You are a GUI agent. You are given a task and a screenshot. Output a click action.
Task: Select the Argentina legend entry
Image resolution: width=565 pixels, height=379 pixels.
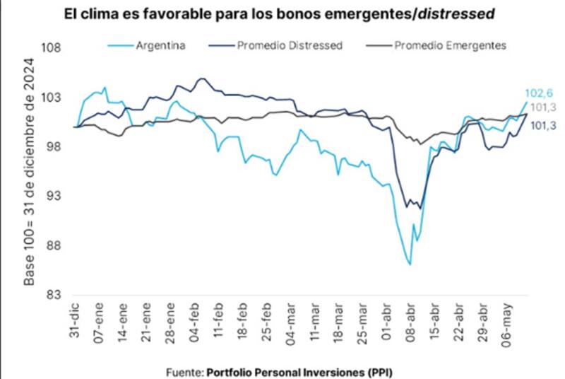click(160, 45)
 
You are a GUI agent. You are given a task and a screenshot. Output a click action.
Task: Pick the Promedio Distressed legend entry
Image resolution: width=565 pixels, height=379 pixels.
click(289, 45)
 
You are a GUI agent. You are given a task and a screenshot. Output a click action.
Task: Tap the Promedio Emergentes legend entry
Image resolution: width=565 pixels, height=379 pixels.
click(450, 45)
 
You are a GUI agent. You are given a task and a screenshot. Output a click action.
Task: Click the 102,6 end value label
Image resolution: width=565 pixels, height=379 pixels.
click(539, 93)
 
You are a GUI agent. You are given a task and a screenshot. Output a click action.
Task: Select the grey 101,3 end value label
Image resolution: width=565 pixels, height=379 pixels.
click(541, 107)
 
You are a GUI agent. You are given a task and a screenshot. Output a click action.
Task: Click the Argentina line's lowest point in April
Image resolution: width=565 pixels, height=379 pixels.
click(410, 264)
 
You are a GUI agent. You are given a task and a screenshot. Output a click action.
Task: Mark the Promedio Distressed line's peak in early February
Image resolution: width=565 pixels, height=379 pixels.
click(202, 78)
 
